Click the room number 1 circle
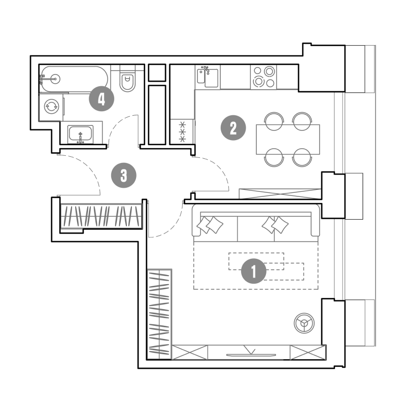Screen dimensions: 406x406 click(x=253, y=271)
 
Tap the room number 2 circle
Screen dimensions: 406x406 click(x=233, y=128)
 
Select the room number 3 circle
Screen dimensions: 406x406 click(x=123, y=175)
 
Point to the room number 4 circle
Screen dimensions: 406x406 click(x=101, y=98)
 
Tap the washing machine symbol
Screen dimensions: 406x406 click(x=51, y=107)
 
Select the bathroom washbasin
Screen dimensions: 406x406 click(x=81, y=134)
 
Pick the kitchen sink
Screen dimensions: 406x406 click(x=208, y=77)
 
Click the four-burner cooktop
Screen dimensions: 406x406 click(x=263, y=77)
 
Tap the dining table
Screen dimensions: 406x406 click(x=288, y=139)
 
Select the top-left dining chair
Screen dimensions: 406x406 click(x=274, y=121)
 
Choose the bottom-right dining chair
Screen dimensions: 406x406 click(x=302, y=157)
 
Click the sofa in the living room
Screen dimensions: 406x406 click(x=256, y=223)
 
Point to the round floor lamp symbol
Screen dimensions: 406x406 click(x=304, y=323)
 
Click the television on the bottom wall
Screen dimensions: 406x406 click(x=251, y=355)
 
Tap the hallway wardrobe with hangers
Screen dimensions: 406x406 click(x=101, y=216)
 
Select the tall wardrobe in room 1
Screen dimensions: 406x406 click(x=159, y=314)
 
